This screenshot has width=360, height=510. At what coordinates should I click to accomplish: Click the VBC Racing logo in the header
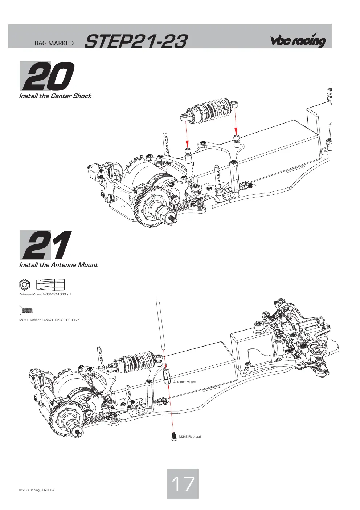298,40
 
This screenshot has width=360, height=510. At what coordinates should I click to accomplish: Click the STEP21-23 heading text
136,41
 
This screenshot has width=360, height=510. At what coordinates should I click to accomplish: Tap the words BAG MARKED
54,43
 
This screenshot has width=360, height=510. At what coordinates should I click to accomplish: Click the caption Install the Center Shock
55,96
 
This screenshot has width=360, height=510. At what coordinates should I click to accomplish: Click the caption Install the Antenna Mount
58,265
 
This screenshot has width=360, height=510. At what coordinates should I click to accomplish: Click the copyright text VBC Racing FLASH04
37,490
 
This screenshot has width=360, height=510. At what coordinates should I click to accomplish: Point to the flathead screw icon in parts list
26,310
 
